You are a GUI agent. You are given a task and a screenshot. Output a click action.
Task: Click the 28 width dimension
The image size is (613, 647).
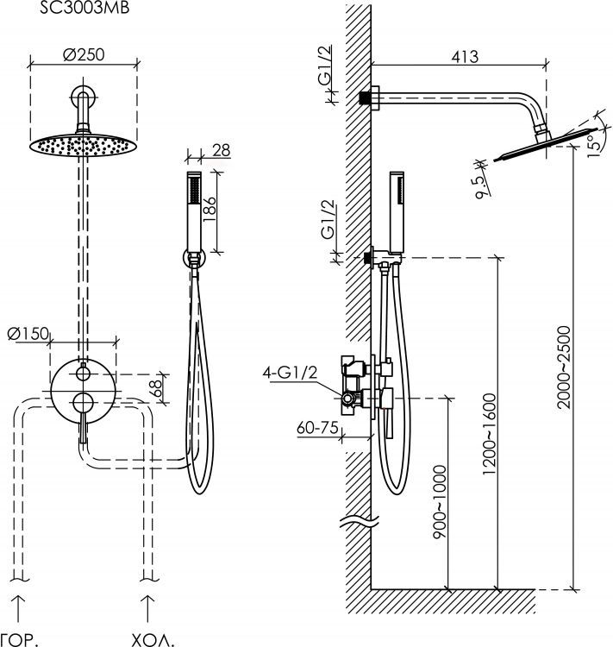coord(221,151)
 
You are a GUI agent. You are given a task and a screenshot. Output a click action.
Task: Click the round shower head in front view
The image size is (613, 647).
coord(83,144)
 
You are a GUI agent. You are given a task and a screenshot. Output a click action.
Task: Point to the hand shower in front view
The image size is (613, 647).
coord(195,211)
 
